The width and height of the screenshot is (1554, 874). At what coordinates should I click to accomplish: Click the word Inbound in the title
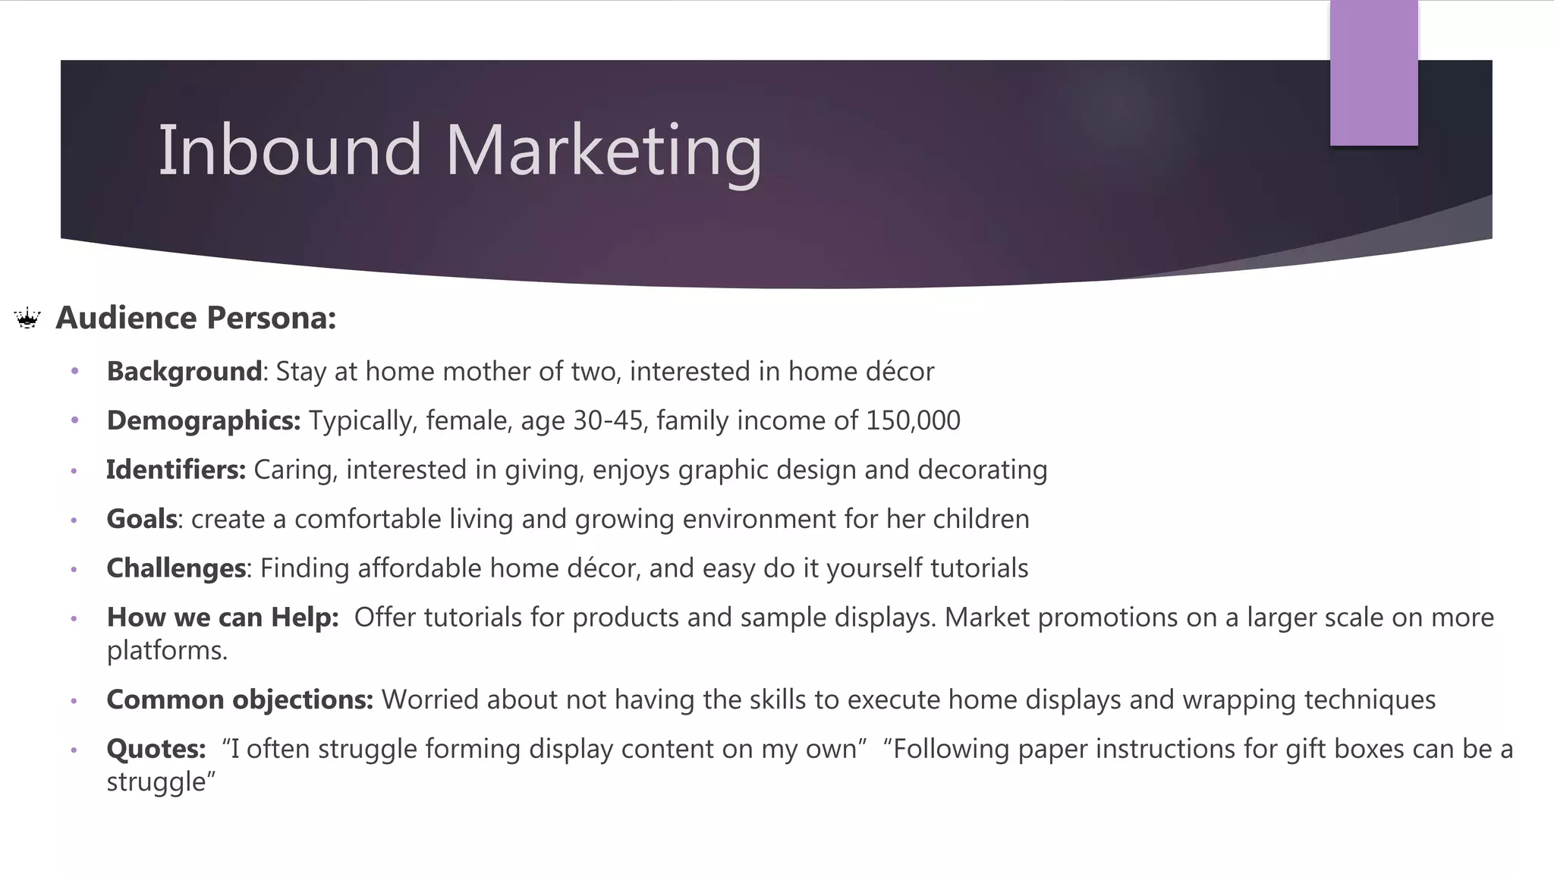(289, 150)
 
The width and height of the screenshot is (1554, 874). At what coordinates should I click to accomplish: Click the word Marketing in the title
(603, 152)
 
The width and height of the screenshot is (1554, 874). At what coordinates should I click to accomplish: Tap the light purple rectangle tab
(1373, 73)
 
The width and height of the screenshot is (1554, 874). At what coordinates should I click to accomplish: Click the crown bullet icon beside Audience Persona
(27, 319)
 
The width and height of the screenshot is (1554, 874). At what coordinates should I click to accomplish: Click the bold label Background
(184, 372)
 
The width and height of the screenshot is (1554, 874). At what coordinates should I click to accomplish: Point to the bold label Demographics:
(203, 421)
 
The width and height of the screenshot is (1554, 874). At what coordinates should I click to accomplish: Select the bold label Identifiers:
(176, 470)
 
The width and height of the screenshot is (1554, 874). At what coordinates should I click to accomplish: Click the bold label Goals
(142, 520)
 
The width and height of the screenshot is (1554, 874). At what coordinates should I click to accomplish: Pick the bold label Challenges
(176, 569)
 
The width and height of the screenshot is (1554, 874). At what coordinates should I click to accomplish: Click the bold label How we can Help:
(222, 618)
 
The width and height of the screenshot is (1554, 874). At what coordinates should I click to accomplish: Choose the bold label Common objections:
(240, 700)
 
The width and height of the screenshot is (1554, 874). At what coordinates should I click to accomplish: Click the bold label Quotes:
(156, 749)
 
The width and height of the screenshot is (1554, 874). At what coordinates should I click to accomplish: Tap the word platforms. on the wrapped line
(167, 651)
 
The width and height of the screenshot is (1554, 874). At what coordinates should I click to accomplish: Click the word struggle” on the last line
(161, 782)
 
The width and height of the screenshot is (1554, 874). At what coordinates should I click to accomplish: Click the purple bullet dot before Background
(74, 372)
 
